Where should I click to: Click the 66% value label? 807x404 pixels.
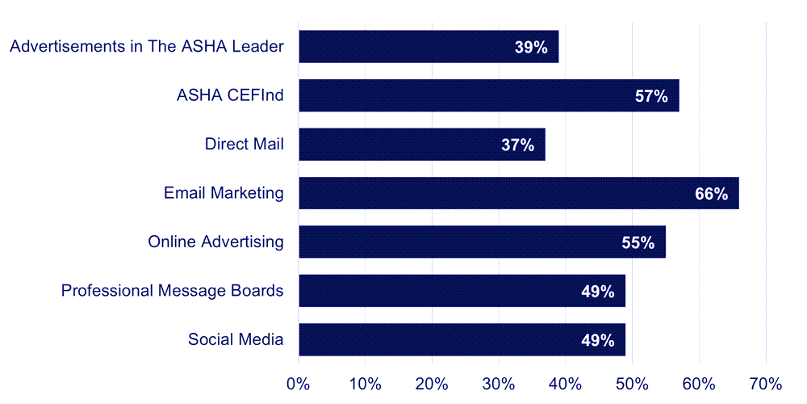[x=711, y=194]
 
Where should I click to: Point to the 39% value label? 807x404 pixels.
[x=531, y=48]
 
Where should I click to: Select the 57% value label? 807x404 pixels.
[x=651, y=96]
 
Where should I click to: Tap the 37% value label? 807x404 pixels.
[x=517, y=145]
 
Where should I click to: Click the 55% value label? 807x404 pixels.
[x=638, y=242]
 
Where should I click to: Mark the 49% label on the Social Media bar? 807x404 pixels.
[x=598, y=340]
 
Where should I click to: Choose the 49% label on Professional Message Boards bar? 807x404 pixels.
[x=598, y=291]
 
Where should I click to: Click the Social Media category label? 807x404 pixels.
[x=236, y=339]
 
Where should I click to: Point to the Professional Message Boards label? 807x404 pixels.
[x=172, y=290]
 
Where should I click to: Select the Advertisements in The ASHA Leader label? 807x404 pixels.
[x=146, y=46]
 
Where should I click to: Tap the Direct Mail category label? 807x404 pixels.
[x=244, y=145]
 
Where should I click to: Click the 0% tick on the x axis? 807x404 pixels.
[x=299, y=383]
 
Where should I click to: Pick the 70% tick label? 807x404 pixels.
[x=765, y=383]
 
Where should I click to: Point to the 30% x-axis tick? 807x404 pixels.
[x=499, y=383]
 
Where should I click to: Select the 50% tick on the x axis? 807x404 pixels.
[x=632, y=383]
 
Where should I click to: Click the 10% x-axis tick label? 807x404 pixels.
[x=365, y=383]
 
